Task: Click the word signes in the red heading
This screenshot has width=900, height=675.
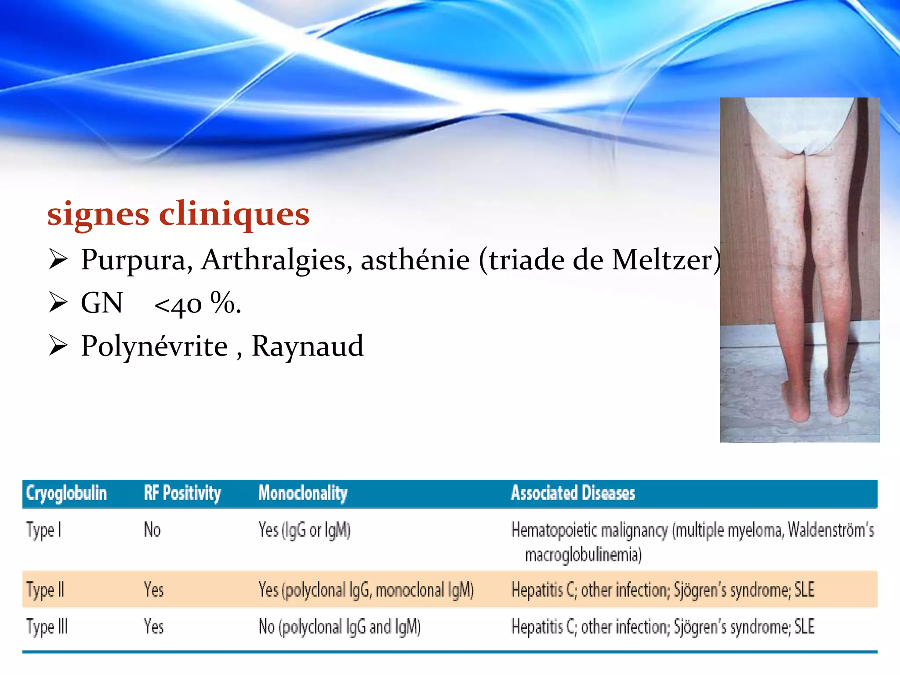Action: click(98, 215)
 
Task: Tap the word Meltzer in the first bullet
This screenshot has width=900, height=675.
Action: click(663, 260)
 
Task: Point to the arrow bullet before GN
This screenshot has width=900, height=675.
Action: click(58, 303)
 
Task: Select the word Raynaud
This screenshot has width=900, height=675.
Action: click(307, 346)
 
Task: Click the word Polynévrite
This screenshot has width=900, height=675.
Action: click(154, 346)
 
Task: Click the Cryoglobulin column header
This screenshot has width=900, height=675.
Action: click(66, 493)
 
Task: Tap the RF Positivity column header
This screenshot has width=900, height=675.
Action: click(182, 493)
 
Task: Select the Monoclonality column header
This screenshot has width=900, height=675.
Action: click(302, 493)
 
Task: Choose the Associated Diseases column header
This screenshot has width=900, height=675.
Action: click(573, 493)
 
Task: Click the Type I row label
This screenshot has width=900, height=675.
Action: click(44, 530)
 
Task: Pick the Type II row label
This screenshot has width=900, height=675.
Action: click(45, 590)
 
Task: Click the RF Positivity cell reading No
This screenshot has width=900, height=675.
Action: click(152, 530)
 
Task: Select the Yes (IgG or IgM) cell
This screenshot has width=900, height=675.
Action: click(304, 530)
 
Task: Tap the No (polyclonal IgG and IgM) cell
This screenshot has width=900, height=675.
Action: click(339, 627)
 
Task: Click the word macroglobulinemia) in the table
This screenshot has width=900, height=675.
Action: click(583, 555)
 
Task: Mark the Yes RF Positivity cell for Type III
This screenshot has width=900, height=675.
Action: click(153, 627)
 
